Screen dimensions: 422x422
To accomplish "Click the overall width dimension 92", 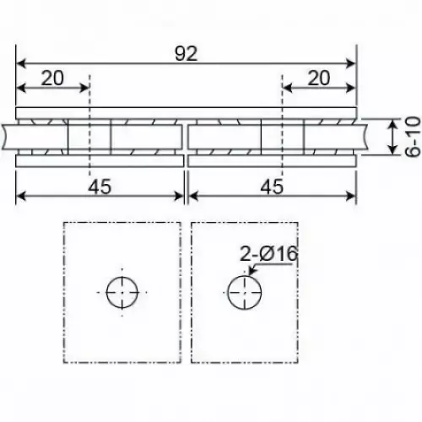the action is pos(186,53).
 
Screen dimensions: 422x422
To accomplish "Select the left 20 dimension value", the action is pos(52,78).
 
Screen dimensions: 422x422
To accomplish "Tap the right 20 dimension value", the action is pos(319,78).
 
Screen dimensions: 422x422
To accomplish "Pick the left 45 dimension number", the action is pos(100,187).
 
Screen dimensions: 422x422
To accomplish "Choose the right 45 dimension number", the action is pos(272,187).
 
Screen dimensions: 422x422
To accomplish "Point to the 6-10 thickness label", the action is pos(413,137).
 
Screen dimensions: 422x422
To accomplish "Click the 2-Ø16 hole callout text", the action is pos(268,253).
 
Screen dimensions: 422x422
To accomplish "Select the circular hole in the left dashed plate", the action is pos(122,292).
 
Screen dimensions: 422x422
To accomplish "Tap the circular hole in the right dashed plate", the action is pos(245,293).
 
